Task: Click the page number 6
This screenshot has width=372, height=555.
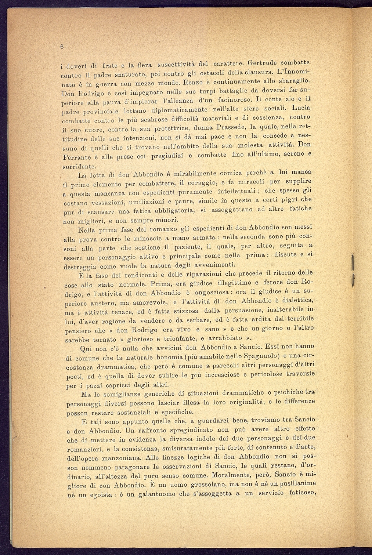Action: pyautogui.click(x=62, y=47)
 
